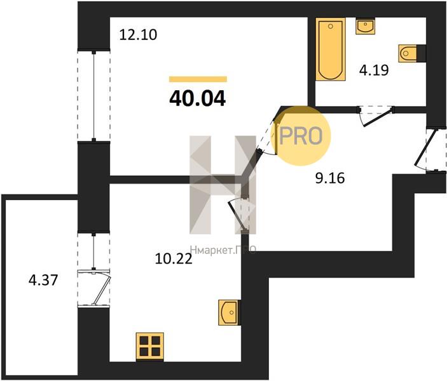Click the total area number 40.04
[x=197, y=98]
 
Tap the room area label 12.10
[x=138, y=35]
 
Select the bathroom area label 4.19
[x=374, y=70]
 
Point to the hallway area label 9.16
[x=330, y=178]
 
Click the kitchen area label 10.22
[x=174, y=259]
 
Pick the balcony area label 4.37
[x=43, y=280]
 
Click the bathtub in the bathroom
[x=331, y=50]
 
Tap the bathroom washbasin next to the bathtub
[x=365, y=26]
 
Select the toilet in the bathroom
[x=409, y=53]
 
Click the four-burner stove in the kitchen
[x=150, y=346]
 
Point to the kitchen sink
[x=229, y=312]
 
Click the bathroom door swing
[x=375, y=116]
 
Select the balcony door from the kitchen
[x=94, y=288]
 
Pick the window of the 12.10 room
[x=94, y=96]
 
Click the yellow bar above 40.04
[x=198, y=79]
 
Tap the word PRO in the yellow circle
[x=301, y=136]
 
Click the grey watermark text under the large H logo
[x=223, y=251]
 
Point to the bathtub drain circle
[x=331, y=27]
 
